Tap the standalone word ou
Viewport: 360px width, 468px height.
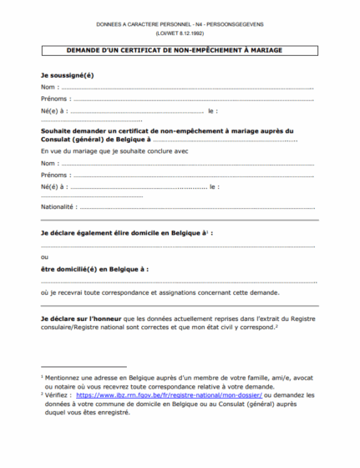pos(45,257)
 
